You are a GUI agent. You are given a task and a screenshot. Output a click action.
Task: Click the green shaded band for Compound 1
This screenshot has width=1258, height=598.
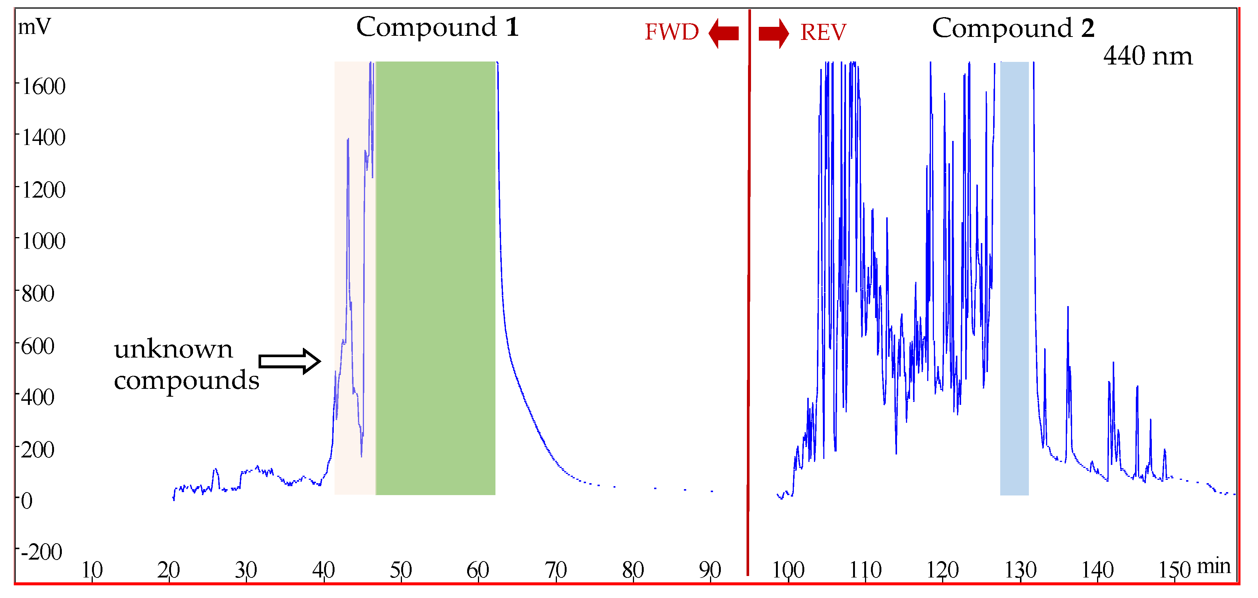[435, 278]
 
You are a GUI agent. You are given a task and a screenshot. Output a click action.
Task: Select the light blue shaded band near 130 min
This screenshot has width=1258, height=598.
[1014, 278]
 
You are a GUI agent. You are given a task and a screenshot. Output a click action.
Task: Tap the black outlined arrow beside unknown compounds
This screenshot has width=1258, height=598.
[289, 362]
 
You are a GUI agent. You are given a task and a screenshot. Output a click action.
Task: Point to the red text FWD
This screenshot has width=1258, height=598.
[672, 32]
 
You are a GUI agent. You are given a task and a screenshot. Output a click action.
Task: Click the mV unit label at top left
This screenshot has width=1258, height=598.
[34, 27]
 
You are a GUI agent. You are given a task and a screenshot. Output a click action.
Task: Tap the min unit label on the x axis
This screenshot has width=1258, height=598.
[1214, 566]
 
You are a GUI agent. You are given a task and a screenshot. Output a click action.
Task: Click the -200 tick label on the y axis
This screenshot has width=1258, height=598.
[41, 552]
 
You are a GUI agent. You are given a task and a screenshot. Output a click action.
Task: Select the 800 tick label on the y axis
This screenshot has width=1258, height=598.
[38, 294]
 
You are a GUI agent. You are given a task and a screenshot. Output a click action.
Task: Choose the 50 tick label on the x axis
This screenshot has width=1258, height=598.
[400, 570]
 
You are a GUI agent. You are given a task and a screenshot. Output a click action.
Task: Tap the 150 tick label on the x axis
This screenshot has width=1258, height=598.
[1175, 570]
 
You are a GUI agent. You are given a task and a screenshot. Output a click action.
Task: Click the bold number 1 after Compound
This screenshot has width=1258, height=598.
[512, 27]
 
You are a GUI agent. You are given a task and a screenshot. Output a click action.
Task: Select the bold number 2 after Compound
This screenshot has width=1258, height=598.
[1087, 28]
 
